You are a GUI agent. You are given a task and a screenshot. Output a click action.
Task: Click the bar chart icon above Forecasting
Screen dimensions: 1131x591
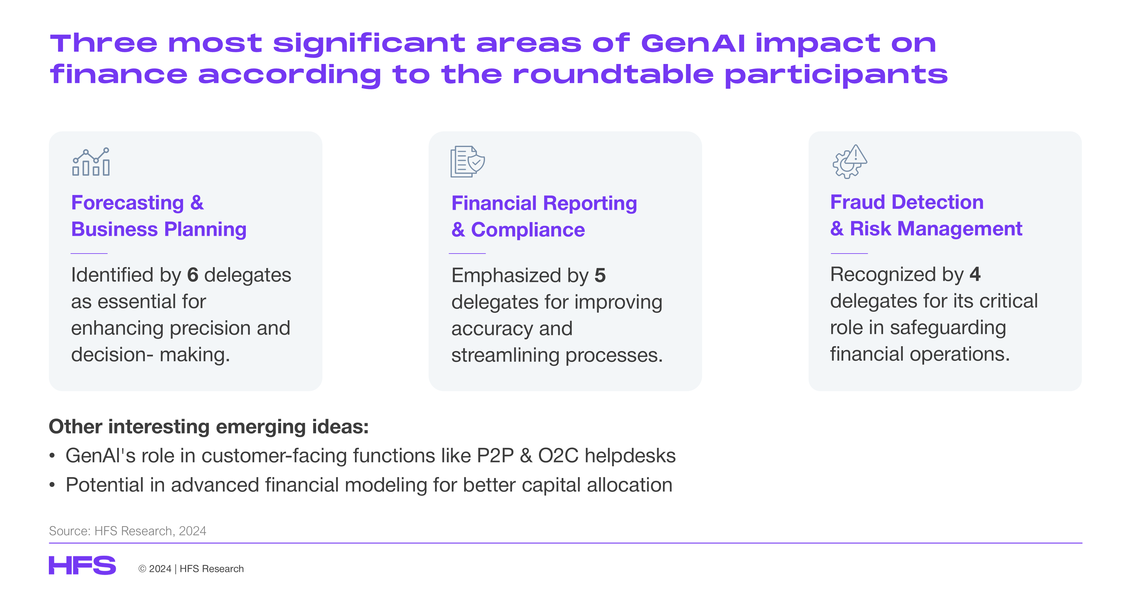coord(91,162)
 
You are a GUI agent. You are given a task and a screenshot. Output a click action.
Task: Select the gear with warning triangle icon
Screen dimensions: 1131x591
coord(850,162)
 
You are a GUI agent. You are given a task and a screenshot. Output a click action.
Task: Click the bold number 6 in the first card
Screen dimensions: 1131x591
coord(193,275)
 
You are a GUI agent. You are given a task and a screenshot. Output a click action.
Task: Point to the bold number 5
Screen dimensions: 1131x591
coord(600,276)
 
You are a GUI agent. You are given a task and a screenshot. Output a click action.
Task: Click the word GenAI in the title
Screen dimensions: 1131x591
coord(693,43)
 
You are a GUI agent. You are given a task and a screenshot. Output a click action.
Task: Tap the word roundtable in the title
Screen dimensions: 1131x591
coord(613,74)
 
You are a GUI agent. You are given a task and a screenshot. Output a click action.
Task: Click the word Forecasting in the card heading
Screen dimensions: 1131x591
coord(127,203)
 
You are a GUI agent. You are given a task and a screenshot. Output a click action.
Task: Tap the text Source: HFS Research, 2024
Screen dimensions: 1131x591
coord(127,531)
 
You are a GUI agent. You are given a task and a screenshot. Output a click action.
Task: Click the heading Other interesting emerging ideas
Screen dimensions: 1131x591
coord(208,427)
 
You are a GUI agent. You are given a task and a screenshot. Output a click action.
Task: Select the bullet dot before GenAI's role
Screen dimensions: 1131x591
coord(52,456)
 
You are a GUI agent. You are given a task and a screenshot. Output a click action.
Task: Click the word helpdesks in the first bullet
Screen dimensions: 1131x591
coord(630,456)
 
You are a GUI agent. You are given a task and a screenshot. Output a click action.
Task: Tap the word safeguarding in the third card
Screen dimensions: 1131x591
coord(948,328)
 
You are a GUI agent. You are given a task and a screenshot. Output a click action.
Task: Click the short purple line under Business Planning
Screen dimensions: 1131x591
coord(89,254)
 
